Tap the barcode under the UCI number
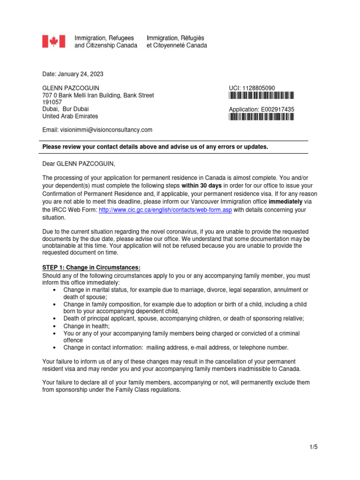262,96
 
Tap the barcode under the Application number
262,117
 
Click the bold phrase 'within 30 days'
202,185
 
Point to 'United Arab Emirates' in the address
70,116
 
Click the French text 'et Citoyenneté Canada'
177,45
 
